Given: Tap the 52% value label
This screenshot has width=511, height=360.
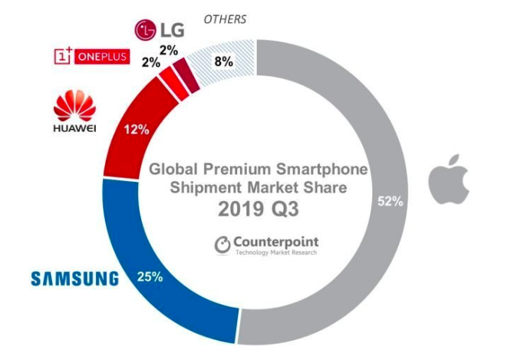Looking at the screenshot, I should point(391,201).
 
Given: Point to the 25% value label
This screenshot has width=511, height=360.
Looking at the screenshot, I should point(149,276).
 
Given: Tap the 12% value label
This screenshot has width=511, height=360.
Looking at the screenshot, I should point(138,130).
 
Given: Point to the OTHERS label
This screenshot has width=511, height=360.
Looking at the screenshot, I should point(225,18).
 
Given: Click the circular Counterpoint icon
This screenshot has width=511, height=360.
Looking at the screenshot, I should point(223,244).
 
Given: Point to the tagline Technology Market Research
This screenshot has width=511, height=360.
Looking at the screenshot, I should point(275,253).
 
